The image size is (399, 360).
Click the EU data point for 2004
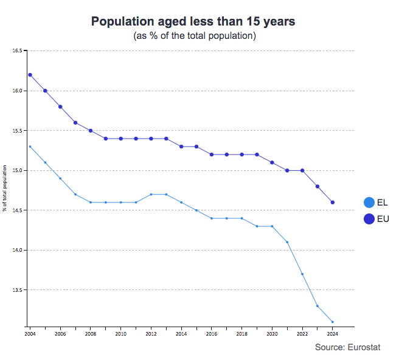(30, 75)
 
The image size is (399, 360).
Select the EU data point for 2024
(333, 202)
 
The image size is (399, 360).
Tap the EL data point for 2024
(333, 322)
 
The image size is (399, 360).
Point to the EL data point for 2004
(30, 147)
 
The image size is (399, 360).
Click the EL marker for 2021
(287, 242)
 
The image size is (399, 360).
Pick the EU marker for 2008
(91, 131)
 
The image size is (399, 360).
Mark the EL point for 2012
(151, 195)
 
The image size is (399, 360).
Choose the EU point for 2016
(212, 154)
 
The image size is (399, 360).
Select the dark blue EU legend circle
(369, 219)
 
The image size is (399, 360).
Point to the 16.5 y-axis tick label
(17, 51)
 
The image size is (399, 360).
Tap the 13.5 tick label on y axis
(17, 290)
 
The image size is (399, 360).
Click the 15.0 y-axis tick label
(17, 171)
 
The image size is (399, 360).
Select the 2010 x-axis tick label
(120, 334)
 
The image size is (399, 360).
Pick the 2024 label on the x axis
(333, 334)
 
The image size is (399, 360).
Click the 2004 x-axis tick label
(30, 334)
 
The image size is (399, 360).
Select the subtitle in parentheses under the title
(194, 36)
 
